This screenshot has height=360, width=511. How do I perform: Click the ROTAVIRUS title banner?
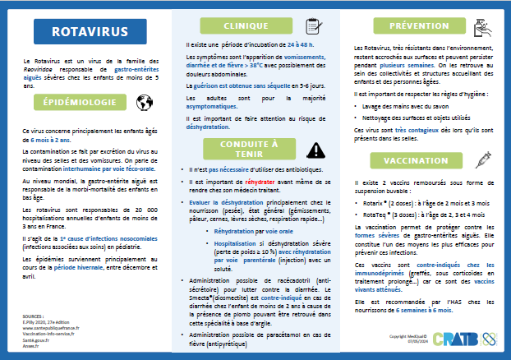(89, 32)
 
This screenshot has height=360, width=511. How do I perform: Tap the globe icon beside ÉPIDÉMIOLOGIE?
(145, 103)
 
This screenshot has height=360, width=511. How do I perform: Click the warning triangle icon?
(314, 150)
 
